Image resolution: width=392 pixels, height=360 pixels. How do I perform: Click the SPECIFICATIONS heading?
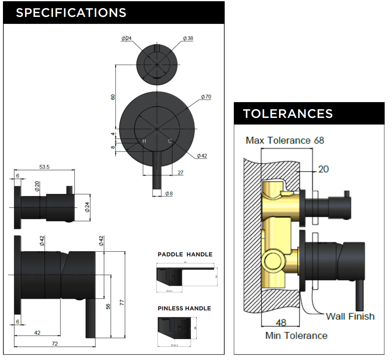pos(71,12)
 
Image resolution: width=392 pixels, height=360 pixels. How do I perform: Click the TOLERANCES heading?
pos(288,114)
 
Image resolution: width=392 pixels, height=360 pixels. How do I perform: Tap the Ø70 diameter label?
pos(206,97)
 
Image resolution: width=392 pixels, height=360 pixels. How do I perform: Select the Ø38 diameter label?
pos(188,38)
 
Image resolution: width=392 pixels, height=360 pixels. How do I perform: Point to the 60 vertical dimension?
pos(113,97)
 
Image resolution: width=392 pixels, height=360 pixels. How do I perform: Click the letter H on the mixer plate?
pos(144,141)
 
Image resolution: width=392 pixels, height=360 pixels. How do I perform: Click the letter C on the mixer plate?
pos(170,141)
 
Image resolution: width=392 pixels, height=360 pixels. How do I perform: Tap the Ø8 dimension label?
pos(169,194)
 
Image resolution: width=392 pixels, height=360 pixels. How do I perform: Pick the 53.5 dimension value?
pos(44,167)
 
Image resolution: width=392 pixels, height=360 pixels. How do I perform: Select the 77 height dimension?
pos(122,302)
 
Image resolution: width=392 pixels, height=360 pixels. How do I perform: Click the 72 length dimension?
pos(55,344)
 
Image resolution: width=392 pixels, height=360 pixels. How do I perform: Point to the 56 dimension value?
pos(108,306)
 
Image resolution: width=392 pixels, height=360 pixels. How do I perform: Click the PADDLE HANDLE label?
pos(185,254)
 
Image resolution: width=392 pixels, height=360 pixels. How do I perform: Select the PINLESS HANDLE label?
pos(184,308)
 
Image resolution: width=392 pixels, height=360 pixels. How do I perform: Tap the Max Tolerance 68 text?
pos(285,140)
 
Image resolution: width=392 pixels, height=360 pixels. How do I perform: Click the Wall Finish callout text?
pos(350,316)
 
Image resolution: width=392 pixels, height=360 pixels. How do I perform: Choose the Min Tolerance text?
pos(296,335)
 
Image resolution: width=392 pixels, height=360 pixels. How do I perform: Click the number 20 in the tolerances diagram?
pos(323,169)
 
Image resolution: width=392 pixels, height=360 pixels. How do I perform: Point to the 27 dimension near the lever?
pos(181,172)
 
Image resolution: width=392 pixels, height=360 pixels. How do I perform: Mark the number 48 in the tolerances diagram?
pos(281,323)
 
